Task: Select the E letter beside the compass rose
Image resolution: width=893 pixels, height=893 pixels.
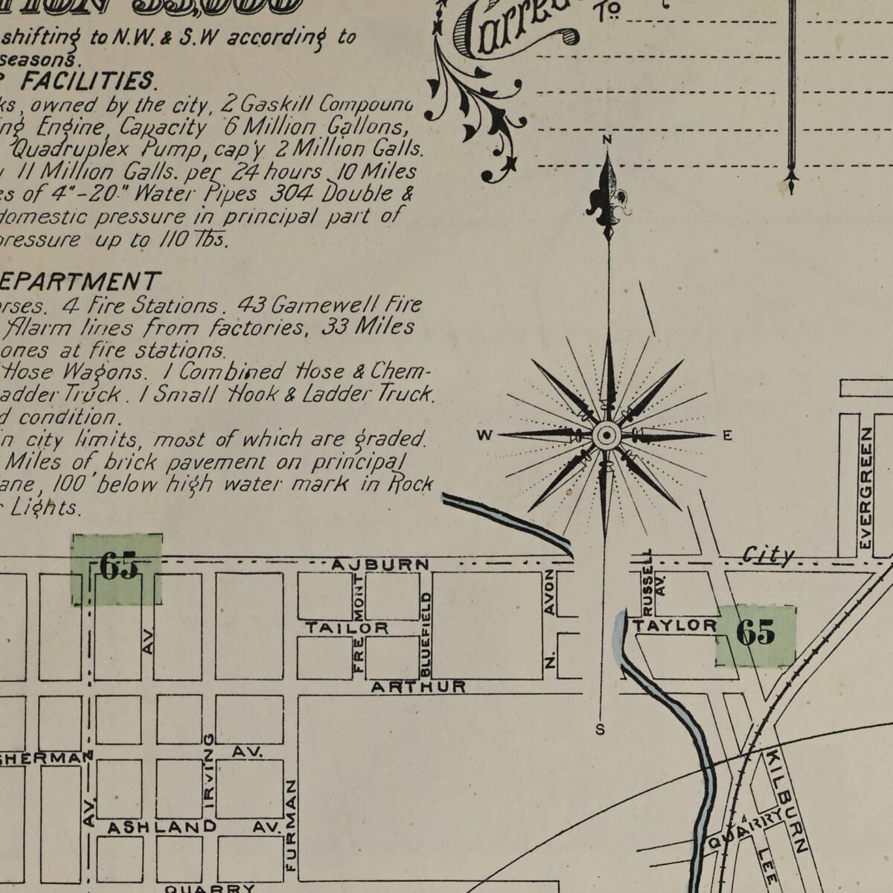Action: coord(727,436)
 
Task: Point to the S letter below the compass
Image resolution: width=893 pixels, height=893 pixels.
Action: coord(601,729)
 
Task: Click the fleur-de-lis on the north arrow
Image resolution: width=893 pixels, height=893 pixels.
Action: coord(609,198)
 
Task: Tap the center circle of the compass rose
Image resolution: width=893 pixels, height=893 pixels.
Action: coord(607,435)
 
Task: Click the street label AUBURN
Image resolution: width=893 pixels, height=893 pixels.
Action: coord(380,565)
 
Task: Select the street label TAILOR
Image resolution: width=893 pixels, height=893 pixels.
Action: coord(346,629)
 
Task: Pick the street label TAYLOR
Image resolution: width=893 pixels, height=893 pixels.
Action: coord(675,626)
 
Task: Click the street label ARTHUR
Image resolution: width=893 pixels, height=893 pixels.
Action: coord(418,686)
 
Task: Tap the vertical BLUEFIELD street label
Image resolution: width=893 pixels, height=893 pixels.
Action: coord(426,634)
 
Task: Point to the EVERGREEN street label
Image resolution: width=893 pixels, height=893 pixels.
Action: coord(865,467)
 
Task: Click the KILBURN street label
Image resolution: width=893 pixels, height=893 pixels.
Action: coord(786,800)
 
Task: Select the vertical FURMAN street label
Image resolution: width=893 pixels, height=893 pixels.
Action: coord(291,826)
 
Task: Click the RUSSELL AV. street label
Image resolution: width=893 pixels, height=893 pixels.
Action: coord(652,580)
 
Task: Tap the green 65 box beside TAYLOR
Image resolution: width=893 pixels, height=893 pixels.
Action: coord(755,634)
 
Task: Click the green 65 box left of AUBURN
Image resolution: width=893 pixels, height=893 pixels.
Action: coord(117,569)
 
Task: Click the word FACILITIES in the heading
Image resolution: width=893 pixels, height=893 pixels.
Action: coord(87,80)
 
